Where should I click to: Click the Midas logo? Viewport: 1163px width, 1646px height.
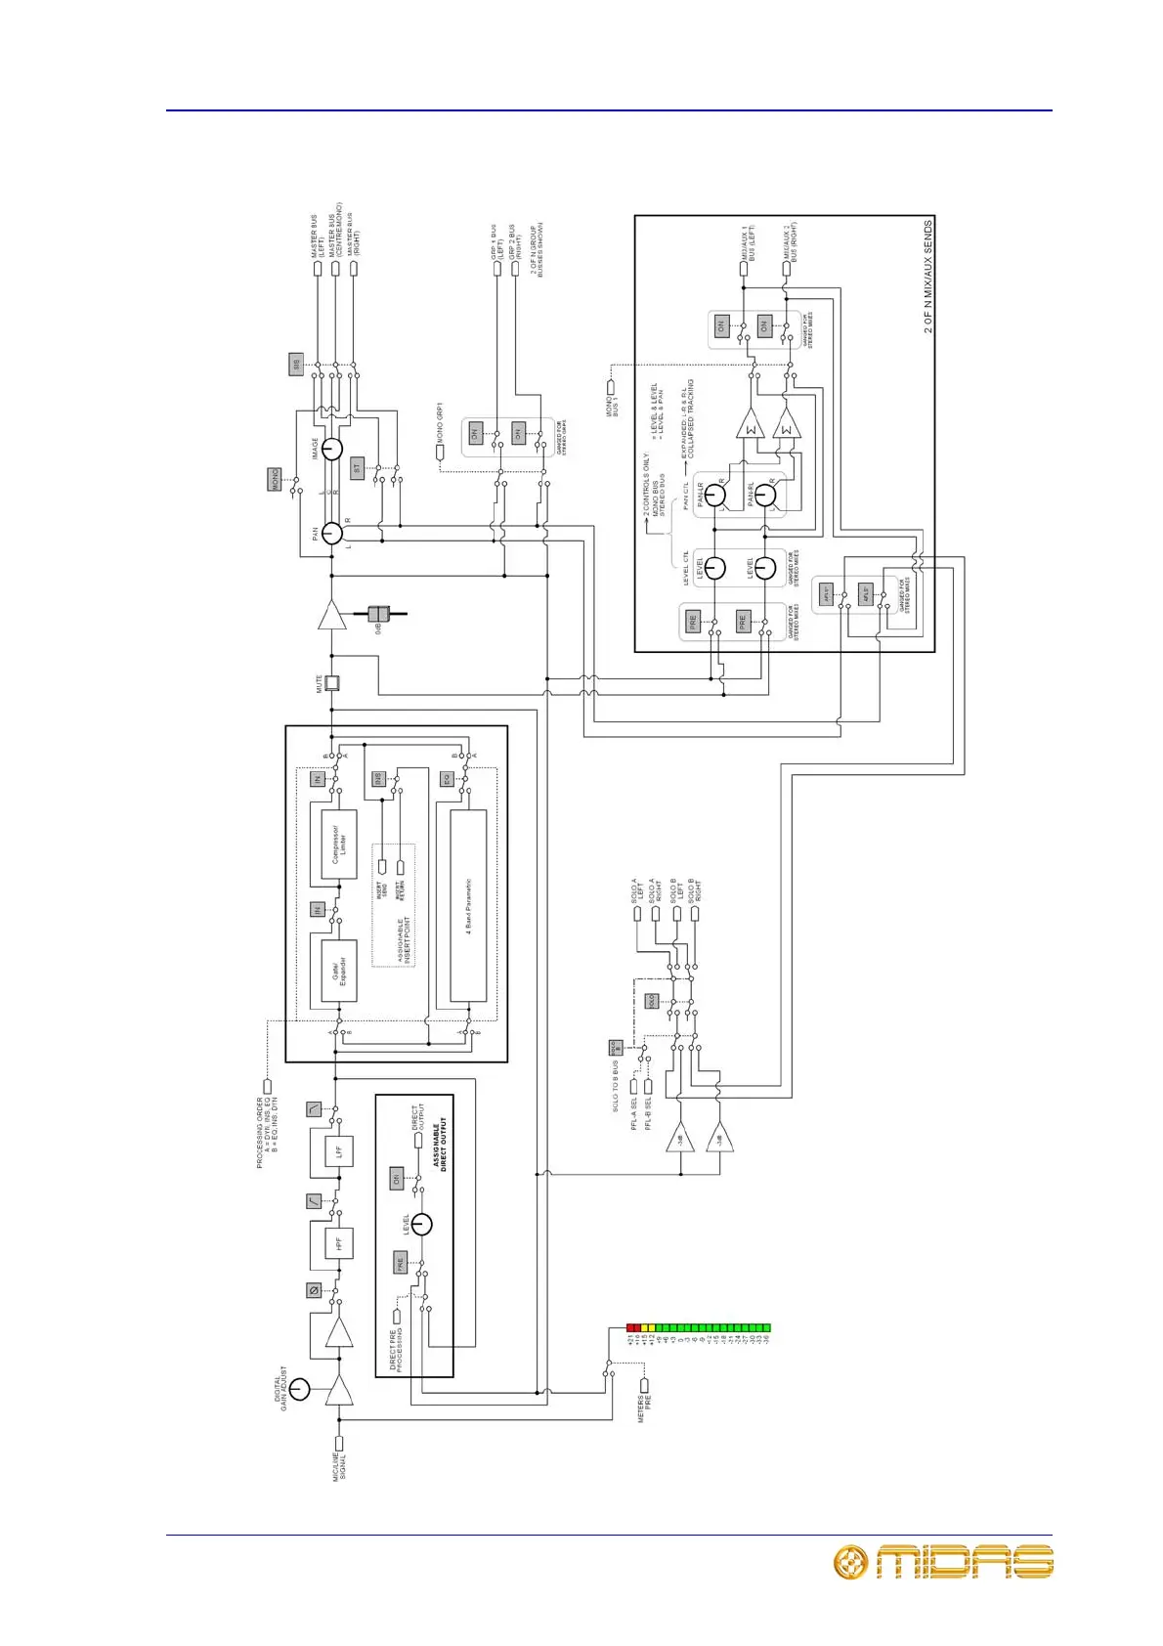[x=942, y=1561]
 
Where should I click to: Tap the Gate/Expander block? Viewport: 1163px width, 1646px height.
[x=339, y=971]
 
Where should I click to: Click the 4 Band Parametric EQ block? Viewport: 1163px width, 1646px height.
[x=468, y=906]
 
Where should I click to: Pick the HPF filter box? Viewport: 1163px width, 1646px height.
[x=338, y=1243]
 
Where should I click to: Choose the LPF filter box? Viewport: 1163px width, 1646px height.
[x=338, y=1151]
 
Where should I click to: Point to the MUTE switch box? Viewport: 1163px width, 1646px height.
[x=331, y=683]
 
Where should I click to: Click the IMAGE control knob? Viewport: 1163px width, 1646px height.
[x=332, y=449]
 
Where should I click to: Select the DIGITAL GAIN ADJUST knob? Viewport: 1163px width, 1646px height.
[x=299, y=1389]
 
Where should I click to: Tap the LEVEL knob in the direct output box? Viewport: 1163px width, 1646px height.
[x=421, y=1224]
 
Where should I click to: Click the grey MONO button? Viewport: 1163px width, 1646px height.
[x=275, y=479]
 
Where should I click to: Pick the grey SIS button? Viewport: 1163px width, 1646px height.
[x=295, y=365]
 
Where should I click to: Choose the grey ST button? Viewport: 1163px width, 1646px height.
[x=357, y=467]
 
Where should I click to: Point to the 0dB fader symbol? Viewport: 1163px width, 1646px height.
[x=380, y=614]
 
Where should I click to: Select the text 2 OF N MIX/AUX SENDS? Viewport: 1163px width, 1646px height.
[x=927, y=277]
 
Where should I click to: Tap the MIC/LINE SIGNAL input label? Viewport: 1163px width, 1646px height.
[x=339, y=1467]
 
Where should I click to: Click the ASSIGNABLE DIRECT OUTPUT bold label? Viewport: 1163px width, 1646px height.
[x=440, y=1144]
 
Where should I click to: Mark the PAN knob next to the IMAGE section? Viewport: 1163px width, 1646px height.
[x=332, y=533]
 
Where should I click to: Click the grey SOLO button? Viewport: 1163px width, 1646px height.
[x=652, y=1001]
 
